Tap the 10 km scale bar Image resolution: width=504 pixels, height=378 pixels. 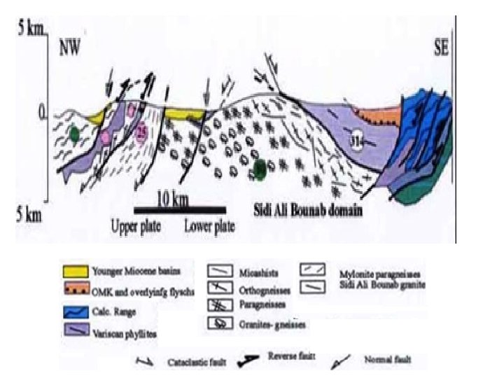(x=180, y=210)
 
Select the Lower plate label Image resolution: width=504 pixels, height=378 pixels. (x=209, y=226)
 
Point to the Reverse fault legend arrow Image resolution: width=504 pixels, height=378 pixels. (x=255, y=360)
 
